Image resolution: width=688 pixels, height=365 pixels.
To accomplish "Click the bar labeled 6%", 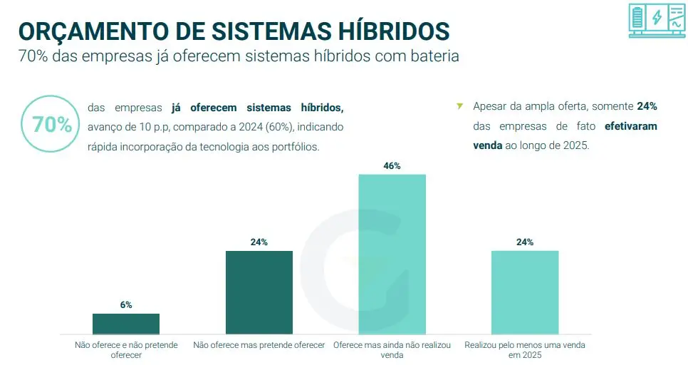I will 126,324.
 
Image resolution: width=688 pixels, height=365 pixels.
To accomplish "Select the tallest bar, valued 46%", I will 392,254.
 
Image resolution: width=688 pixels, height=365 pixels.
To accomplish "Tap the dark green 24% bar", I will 259,292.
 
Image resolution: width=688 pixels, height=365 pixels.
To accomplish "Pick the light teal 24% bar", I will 525,292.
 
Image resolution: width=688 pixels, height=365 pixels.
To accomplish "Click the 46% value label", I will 392,166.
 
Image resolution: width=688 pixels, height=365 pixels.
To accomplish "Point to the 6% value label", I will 126,305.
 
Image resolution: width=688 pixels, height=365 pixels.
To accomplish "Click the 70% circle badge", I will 52,124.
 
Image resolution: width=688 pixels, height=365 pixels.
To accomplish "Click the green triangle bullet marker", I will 459,106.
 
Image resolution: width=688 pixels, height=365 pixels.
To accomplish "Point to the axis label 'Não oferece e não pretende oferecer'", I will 126,349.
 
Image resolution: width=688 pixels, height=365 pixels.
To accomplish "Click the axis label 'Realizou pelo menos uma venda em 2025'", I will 525,349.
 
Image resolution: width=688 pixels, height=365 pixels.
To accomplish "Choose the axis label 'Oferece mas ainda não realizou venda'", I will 392,349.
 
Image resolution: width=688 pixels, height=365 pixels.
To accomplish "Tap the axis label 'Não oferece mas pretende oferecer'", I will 259,345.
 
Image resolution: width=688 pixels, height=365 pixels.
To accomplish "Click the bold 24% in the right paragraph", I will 647,106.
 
